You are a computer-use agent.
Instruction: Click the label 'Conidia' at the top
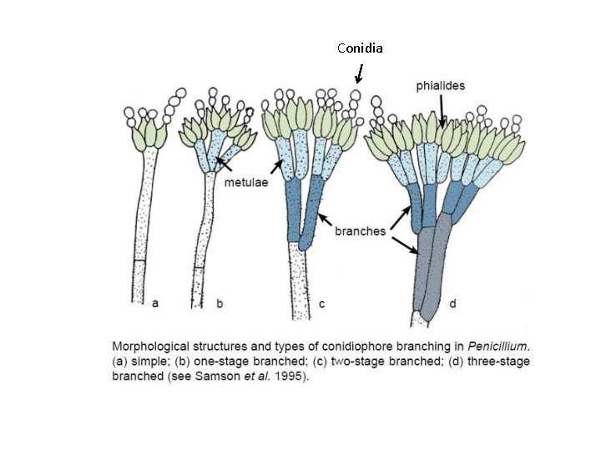[x=360, y=48]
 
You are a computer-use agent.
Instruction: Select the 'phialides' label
[x=441, y=85]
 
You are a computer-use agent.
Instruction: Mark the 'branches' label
[x=360, y=231]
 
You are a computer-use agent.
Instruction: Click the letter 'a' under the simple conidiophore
[x=154, y=304]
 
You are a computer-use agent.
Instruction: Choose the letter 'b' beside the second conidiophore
[x=220, y=304]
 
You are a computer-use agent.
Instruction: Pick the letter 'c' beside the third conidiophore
[x=321, y=304]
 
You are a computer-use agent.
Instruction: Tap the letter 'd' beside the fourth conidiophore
[x=452, y=304]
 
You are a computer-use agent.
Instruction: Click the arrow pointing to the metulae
[x=221, y=163]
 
